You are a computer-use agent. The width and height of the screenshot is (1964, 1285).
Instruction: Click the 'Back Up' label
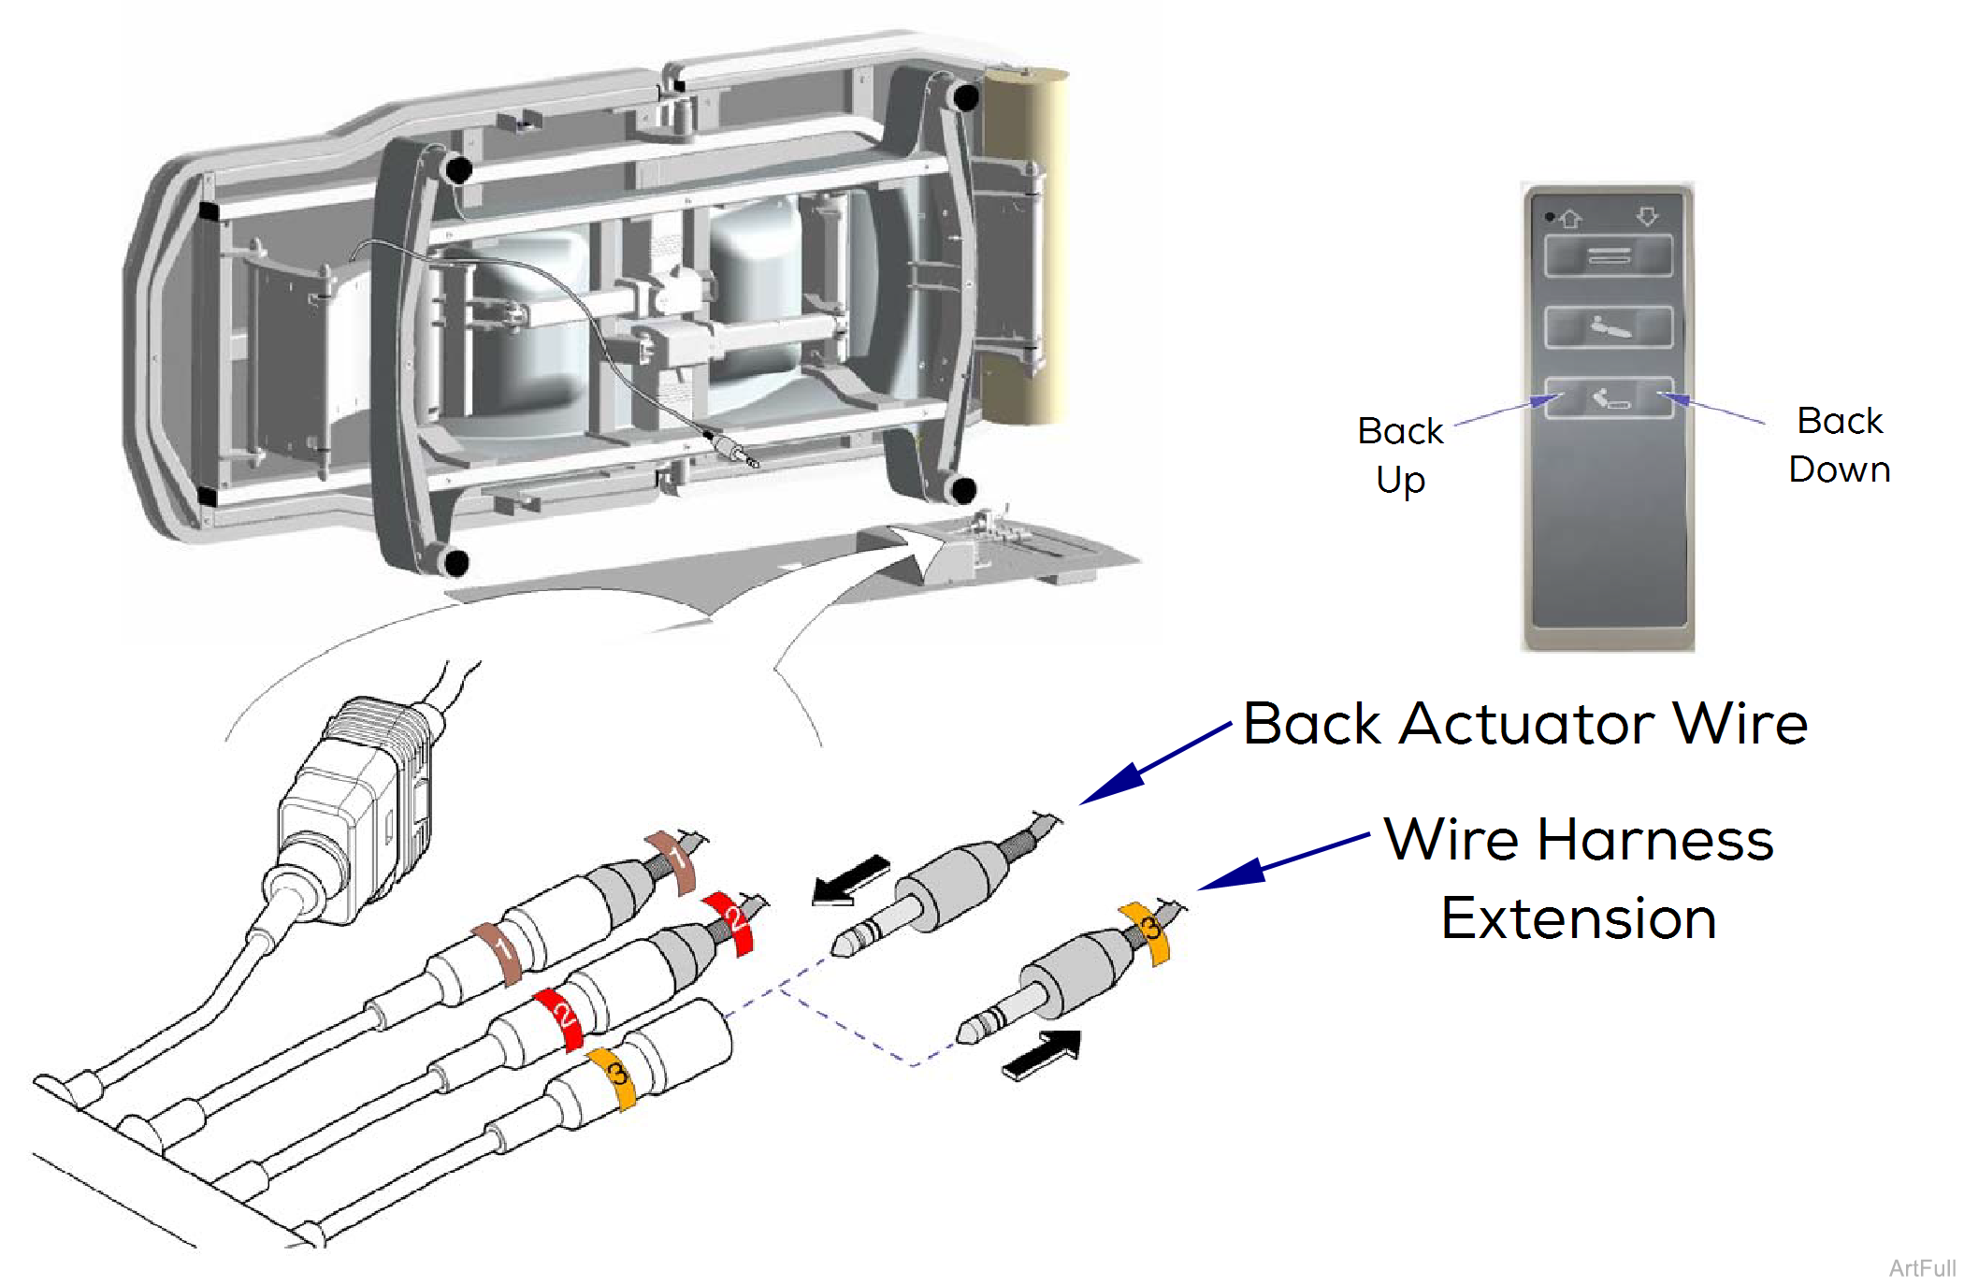point(1400,455)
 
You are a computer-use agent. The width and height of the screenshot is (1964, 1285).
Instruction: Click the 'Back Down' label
point(1839,445)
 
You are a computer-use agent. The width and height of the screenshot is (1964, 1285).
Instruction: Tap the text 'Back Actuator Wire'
point(1525,724)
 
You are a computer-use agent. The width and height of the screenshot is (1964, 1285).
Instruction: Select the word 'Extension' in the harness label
point(1579,918)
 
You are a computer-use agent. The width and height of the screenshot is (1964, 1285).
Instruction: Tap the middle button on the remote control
point(1608,327)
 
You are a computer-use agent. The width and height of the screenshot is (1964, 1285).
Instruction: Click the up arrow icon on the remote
point(1570,219)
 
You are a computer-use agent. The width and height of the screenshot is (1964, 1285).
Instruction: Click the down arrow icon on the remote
point(1647,217)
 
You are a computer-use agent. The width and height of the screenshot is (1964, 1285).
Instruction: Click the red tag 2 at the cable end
point(732,921)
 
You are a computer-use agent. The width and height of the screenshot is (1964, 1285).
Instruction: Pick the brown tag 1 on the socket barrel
point(498,951)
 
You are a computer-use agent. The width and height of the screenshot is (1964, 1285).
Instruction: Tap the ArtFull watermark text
point(1921,1267)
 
